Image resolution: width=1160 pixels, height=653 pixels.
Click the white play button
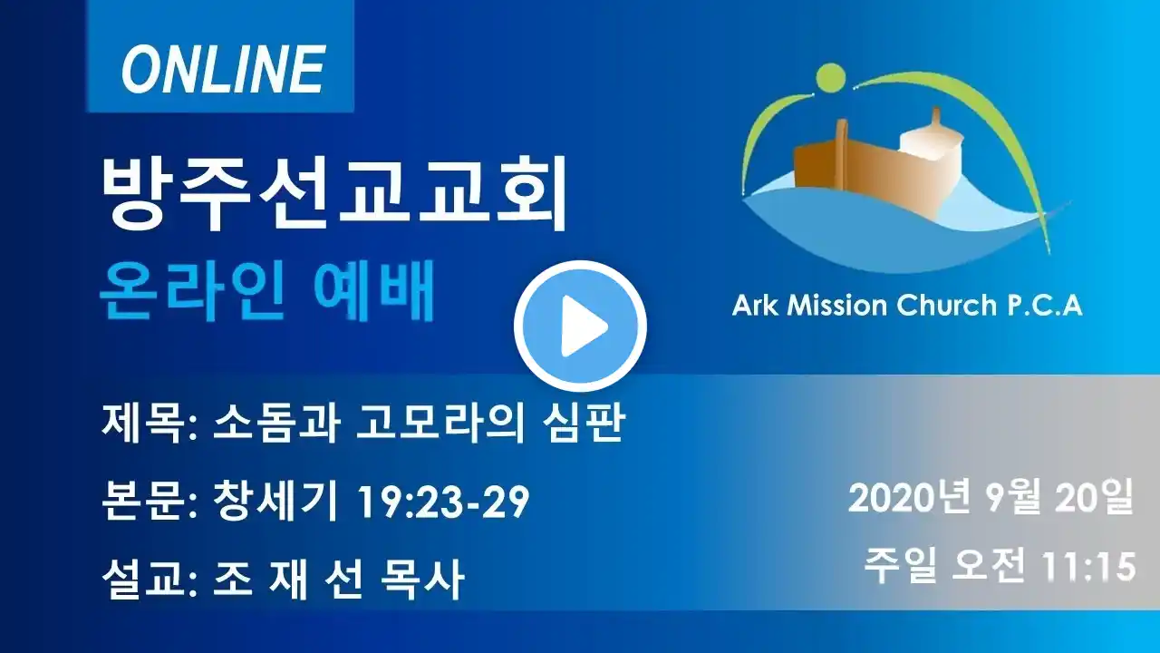[x=580, y=326]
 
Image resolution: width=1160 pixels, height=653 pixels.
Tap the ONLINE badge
[x=221, y=56]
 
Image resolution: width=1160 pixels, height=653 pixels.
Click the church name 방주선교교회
[x=334, y=194]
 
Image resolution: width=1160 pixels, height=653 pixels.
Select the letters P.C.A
[x=1045, y=305]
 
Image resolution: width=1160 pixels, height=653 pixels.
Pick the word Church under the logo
[x=947, y=305]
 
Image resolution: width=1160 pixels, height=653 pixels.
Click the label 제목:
[x=150, y=424]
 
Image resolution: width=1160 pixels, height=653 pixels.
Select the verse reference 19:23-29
[x=443, y=502]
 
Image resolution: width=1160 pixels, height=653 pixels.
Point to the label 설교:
[x=150, y=579]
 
